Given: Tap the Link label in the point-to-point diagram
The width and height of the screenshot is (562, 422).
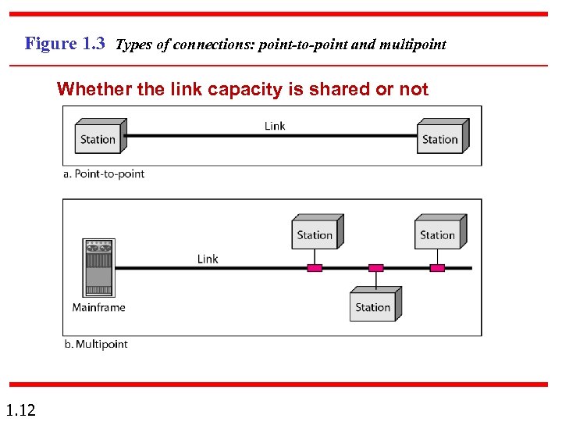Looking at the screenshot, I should (275, 126).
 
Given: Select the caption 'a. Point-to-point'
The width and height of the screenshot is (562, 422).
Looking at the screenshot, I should (104, 173).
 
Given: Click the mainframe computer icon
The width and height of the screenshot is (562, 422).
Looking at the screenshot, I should (98, 268).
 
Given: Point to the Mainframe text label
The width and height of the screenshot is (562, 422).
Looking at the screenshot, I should (98, 307).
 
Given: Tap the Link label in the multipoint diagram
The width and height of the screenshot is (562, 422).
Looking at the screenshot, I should (208, 259).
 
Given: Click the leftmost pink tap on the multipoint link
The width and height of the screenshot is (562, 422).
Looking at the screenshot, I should (315, 268).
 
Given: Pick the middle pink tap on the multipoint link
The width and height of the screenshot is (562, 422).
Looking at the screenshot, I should (376, 268).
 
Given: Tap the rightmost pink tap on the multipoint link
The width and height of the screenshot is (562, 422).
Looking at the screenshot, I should (437, 268).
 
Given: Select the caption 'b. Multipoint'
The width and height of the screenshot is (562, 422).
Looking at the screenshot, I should (95, 344).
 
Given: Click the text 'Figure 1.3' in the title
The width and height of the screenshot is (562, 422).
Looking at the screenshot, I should (65, 44).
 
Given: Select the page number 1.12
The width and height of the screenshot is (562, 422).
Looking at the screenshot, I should (20, 409).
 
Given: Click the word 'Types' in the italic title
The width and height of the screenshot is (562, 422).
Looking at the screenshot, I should (132, 45).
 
